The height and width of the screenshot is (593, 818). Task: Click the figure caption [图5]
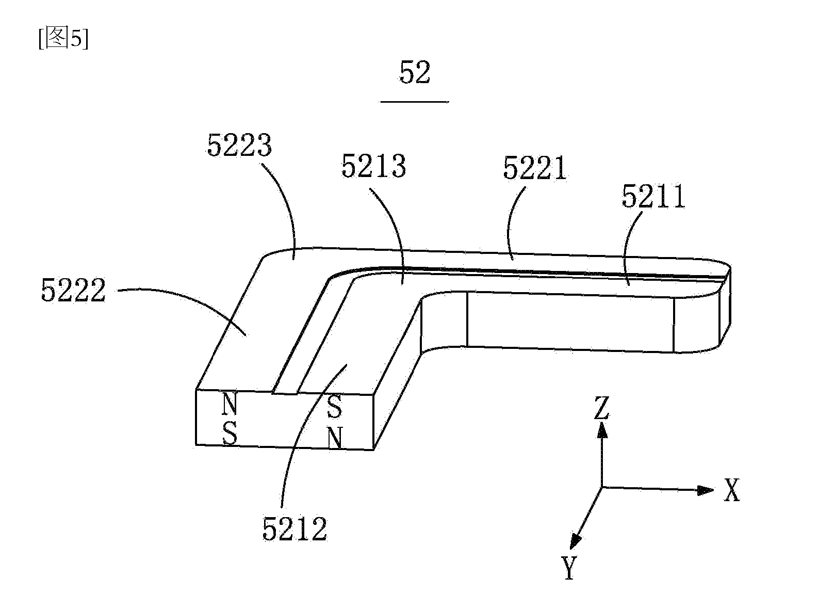[63, 38]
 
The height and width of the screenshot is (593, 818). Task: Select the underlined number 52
[415, 72]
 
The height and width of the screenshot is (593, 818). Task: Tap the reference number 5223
[239, 146]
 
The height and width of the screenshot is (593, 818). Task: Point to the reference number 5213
[373, 166]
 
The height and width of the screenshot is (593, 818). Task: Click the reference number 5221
[535, 168]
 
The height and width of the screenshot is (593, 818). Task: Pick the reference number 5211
[653, 197]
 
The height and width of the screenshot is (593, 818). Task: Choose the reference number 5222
[73, 290]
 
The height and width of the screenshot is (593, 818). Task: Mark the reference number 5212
[295, 528]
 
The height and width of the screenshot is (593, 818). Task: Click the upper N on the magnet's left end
[230, 404]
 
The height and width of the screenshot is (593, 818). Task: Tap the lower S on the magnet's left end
[230, 433]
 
